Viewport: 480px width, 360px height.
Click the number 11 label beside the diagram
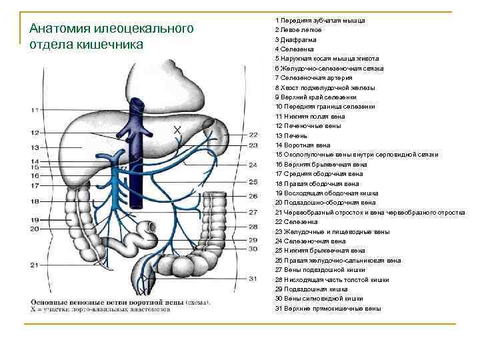(33, 110)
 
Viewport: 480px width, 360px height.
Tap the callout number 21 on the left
(33, 265)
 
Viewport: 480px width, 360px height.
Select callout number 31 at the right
(253, 278)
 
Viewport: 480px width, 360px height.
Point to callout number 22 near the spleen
(253, 135)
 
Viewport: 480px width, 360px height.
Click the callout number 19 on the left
(33, 219)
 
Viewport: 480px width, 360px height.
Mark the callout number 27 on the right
(253, 213)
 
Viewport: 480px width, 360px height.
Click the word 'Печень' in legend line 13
(297, 135)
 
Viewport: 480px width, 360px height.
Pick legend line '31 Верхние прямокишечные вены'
(328, 309)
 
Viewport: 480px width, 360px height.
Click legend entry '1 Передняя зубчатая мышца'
(319, 20)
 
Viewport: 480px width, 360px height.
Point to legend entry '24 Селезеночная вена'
(310, 241)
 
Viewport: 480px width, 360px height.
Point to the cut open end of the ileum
(153, 226)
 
